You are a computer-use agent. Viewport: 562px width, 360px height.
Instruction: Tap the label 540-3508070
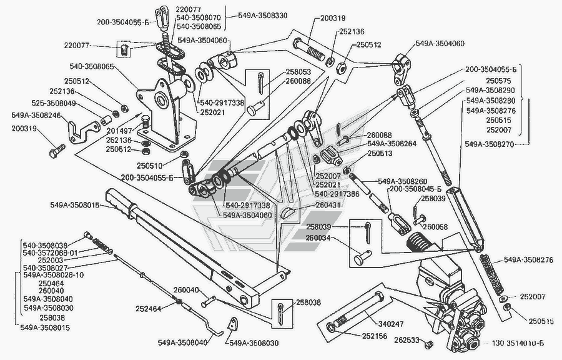tap(197, 18)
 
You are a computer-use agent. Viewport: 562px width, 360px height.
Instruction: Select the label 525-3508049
tap(54, 103)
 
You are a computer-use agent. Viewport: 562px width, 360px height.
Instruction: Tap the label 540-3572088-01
tap(50, 252)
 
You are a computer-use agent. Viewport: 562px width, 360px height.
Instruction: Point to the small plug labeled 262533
tap(427, 344)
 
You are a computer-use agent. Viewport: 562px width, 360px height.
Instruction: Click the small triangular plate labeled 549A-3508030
tap(233, 325)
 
